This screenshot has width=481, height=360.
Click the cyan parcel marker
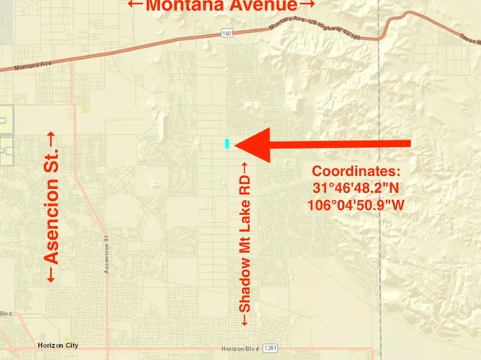228,144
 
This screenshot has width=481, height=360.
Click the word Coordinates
356,172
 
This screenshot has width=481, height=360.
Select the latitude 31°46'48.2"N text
356,188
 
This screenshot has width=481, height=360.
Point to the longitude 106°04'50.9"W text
356,204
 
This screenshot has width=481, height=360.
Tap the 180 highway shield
229,33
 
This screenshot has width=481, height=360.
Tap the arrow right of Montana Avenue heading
299,6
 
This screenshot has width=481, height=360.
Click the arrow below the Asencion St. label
52,276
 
